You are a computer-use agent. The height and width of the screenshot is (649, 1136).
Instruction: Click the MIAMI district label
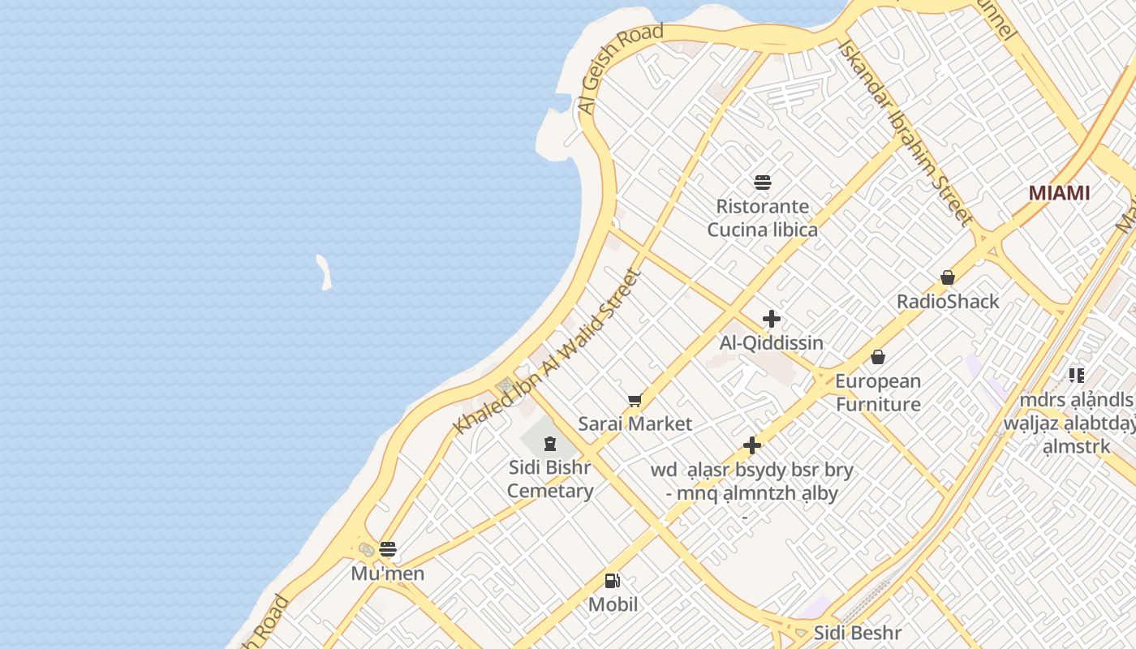1059,193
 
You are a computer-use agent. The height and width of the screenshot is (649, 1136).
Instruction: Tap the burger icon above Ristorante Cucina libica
762,183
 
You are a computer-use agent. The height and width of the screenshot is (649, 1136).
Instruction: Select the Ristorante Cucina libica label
762,218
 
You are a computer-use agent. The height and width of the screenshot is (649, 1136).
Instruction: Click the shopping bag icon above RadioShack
947,278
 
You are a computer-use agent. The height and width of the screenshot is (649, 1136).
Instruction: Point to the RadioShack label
947,302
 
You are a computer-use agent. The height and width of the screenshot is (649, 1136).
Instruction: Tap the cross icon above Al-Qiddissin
771,319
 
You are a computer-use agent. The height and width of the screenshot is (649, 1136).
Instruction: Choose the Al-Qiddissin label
771,343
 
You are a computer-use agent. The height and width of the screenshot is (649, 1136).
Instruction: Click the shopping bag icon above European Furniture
877,357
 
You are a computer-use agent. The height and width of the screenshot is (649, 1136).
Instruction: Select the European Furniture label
878,393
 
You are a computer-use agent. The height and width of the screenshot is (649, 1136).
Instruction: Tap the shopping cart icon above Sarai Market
635,400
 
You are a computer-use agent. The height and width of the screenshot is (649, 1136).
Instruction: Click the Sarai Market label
635,423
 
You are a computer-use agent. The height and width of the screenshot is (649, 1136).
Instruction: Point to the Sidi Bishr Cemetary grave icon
550,443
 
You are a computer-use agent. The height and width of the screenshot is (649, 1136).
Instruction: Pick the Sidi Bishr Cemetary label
550,479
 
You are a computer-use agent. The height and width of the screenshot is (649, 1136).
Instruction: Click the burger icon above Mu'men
388,549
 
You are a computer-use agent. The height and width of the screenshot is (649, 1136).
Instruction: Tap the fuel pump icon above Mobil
613,581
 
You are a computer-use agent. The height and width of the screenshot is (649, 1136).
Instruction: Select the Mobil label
613,604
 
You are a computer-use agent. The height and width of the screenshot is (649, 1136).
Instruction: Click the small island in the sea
324,272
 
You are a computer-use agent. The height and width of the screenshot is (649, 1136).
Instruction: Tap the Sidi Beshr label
857,633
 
